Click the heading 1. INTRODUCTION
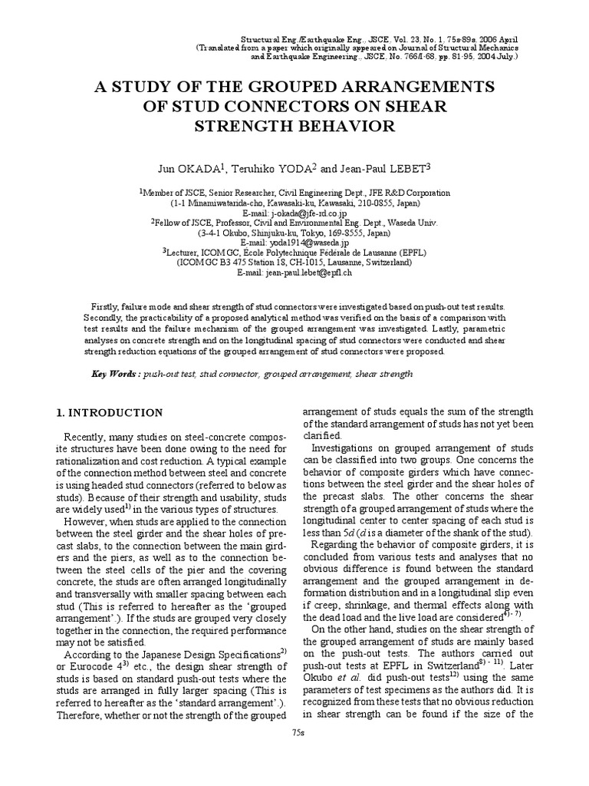tap(110, 412)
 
